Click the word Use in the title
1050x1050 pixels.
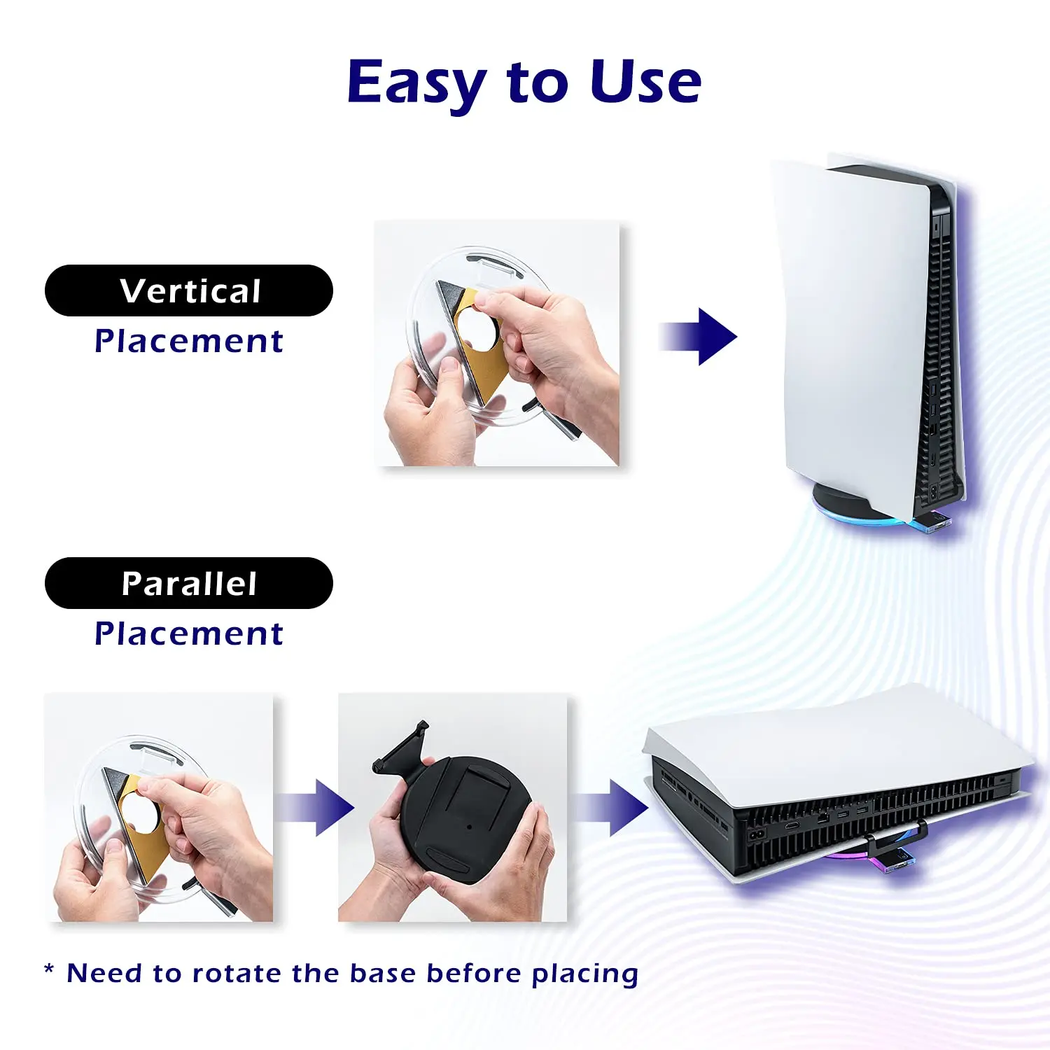(x=645, y=83)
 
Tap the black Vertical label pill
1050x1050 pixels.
(x=188, y=290)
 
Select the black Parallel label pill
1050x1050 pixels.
(x=188, y=583)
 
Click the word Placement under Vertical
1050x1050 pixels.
(x=188, y=342)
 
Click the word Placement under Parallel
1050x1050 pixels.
(x=188, y=634)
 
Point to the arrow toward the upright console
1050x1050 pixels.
(x=699, y=337)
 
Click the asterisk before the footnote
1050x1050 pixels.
(x=49, y=971)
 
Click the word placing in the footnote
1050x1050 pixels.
(x=584, y=974)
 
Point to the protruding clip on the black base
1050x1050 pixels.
(x=402, y=749)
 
